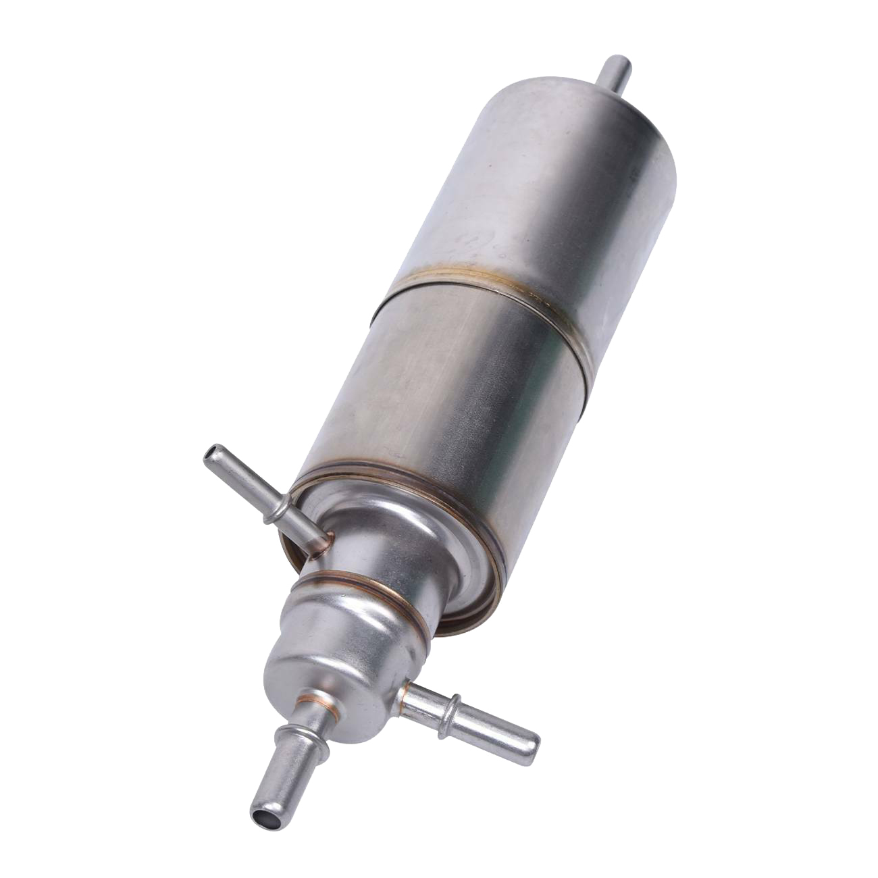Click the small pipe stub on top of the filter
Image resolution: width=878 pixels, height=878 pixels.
[617, 71]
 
